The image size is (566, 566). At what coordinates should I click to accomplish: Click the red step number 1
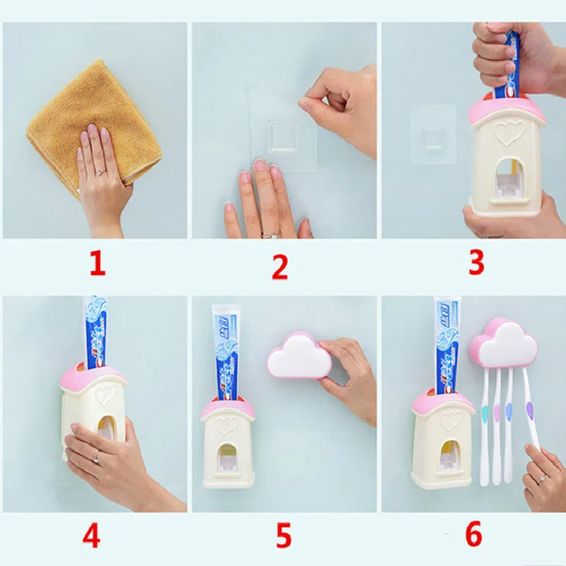(97, 264)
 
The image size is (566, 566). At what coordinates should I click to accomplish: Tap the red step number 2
(280, 267)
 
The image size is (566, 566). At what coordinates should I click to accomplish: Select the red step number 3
(475, 262)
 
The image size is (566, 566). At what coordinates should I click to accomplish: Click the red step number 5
(283, 536)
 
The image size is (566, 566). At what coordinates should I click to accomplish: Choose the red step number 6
(473, 534)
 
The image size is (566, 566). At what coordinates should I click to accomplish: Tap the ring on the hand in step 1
(100, 172)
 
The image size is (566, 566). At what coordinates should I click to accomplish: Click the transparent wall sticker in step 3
(433, 134)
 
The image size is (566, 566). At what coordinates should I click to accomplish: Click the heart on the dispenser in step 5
(226, 424)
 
